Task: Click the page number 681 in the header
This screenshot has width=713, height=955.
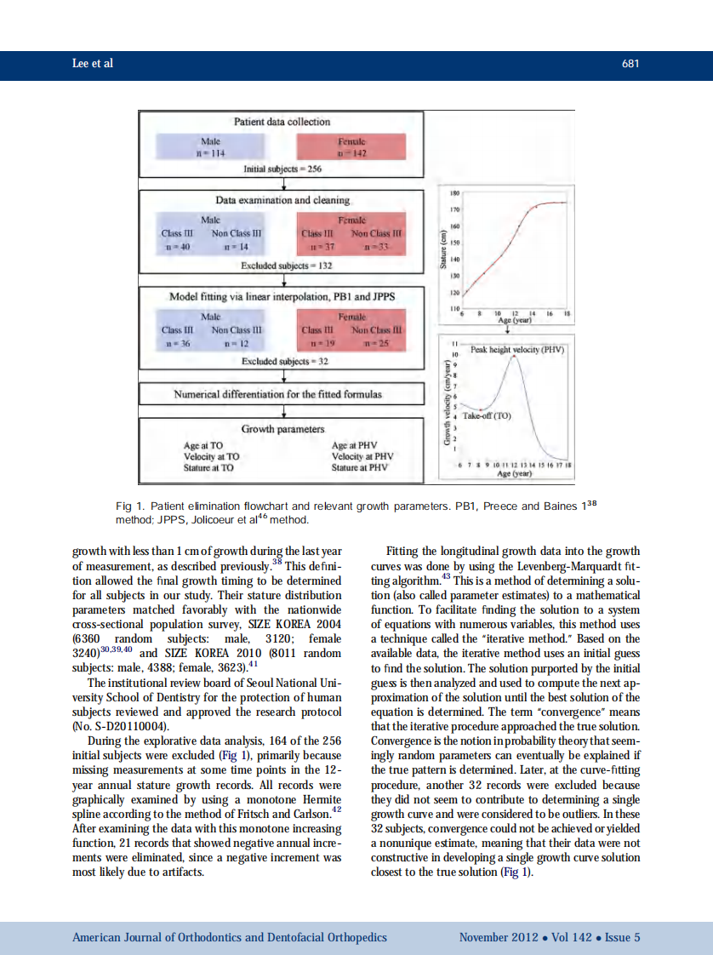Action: [x=631, y=65]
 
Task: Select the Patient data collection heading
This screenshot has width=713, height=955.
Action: [x=283, y=122]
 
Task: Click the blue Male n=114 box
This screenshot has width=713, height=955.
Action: [x=209, y=146]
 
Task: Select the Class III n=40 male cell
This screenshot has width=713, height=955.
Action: [x=178, y=239]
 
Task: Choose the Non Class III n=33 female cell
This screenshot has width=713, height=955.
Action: [x=376, y=239]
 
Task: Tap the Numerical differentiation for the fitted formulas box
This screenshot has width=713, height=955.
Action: [x=278, y=394]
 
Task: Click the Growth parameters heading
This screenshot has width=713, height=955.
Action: [x=282, y=429]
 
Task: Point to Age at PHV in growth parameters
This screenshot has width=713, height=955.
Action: [x=354, y=444]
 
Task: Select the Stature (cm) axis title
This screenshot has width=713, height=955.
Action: [x=443, y=251]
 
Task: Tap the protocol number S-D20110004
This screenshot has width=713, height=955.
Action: [x=128, y=726]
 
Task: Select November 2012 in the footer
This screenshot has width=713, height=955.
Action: [x=499, y=937]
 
